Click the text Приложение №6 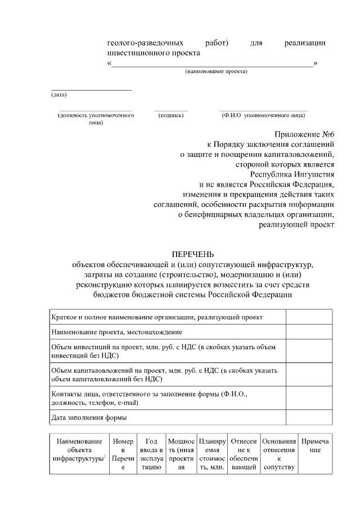(304, 135)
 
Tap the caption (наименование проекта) (216, 71)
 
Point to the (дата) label (58, 94)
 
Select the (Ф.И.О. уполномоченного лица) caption (263, 115)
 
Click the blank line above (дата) (91, 89)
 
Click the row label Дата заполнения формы (89, 417)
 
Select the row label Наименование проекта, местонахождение (116, 332)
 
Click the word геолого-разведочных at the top (145, 43)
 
